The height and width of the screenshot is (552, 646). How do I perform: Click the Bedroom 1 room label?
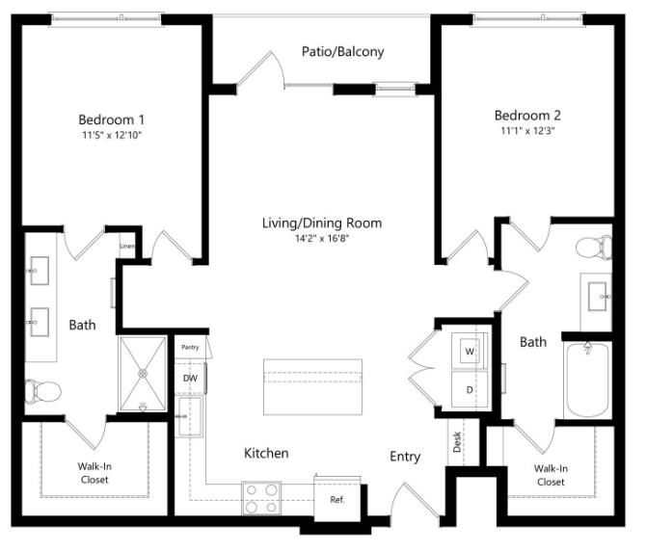point(111,119)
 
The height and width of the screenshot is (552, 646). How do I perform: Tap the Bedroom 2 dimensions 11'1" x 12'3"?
point(527,129)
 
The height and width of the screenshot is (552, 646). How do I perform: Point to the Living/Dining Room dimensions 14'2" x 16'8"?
point(321,239)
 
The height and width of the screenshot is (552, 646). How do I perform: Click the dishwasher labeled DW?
point(190,378)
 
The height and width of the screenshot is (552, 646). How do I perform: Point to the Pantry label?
point(190,347)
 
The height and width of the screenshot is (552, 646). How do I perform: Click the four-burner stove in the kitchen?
point(260,499)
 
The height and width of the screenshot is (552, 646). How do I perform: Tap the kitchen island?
point(313,386)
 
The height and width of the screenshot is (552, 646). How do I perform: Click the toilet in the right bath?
point(594,248)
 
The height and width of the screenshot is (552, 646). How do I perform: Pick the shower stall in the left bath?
point(143,373)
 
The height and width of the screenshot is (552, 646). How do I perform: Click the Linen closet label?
point(126,247)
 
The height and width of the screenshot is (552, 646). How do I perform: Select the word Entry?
point(405,457)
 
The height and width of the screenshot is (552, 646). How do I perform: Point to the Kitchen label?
point(266,453)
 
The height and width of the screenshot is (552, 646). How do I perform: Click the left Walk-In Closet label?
point(94,474)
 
